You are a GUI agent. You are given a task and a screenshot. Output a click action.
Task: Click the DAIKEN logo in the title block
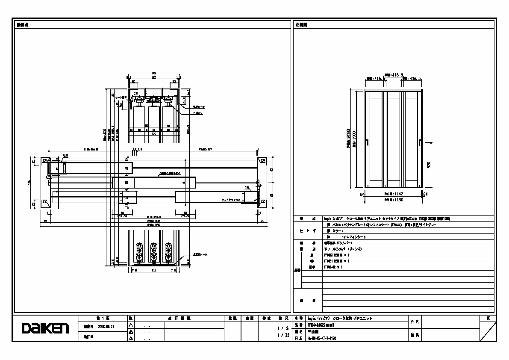pos(45,328)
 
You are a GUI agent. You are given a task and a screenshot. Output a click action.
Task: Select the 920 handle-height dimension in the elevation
pos(429,164)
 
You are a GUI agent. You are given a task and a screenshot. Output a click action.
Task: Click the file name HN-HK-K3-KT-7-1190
pos(322,338)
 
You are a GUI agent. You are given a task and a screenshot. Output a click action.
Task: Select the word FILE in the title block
pos(298,338)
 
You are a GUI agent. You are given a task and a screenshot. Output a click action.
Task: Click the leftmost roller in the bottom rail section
pos(139,252)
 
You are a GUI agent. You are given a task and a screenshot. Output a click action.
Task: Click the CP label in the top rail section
pos(135,93)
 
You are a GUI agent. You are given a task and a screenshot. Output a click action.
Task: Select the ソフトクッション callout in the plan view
pos(230,200)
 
